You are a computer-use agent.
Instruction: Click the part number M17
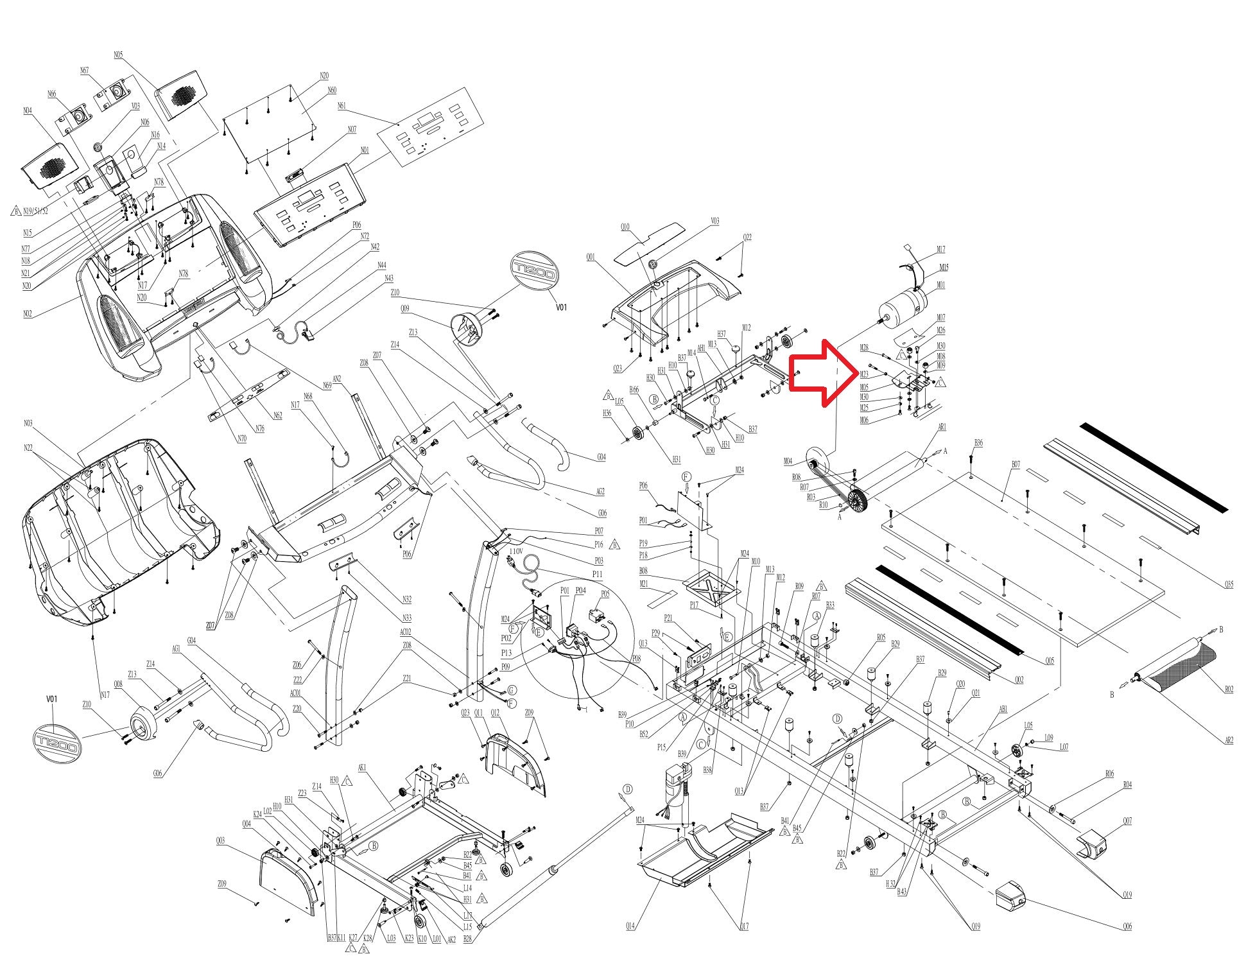[941, 250]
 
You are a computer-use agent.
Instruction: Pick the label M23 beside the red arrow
[865, 374]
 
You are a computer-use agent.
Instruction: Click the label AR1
[942, 427]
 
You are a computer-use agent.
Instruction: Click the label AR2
[1228, 740]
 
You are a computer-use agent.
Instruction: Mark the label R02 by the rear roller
[1228, 690]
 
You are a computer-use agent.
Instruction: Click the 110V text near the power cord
[516, 551]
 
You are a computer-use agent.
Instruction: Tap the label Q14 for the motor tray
[630, 926]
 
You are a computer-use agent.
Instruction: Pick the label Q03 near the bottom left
[220, 841]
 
